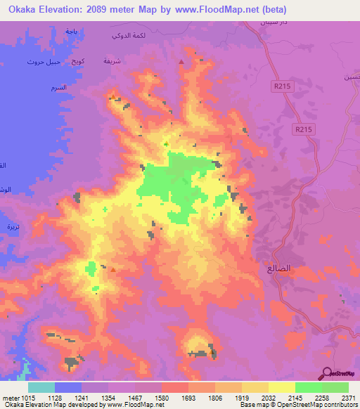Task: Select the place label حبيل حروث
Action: (41, 62)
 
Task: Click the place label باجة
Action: (70, 32)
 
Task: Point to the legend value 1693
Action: (188, 397)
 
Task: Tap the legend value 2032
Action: (268, 397)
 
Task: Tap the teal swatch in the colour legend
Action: (41, 387)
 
